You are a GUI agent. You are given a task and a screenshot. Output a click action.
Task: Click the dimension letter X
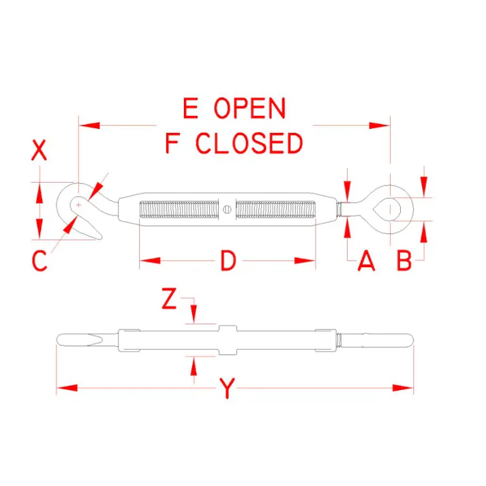point(39,151)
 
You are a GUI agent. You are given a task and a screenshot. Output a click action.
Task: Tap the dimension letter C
point(40,261)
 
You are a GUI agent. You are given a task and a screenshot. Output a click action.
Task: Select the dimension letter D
point(228,261)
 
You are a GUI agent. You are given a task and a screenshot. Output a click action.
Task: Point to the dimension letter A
point(366,261)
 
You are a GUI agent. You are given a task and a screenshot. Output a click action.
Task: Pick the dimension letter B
point(404,261)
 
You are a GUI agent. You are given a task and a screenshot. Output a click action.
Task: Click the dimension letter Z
point(169,299)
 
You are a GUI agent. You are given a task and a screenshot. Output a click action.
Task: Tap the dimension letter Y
point(228,388)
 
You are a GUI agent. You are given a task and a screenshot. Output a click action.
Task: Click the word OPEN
point(250,108)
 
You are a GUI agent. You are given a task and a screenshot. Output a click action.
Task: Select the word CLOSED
point(249,143)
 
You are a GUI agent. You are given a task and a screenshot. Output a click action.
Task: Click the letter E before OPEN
point(190,108)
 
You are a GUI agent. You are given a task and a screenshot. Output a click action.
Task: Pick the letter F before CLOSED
point(172,143)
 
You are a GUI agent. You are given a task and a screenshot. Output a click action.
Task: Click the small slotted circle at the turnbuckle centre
point(227,209)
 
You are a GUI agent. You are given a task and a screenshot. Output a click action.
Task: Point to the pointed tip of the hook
point(100,238)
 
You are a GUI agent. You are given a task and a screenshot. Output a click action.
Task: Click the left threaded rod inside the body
point(179,209)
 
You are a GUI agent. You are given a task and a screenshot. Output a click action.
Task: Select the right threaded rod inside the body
point(276,209)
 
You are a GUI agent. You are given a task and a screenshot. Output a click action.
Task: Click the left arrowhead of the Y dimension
point(67,388)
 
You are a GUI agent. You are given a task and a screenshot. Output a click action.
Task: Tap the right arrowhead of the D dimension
point(305,260)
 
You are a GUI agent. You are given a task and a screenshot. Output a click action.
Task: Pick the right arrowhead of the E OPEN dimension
point(380,125)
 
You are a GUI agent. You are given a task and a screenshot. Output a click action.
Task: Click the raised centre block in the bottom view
point(228,340)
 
